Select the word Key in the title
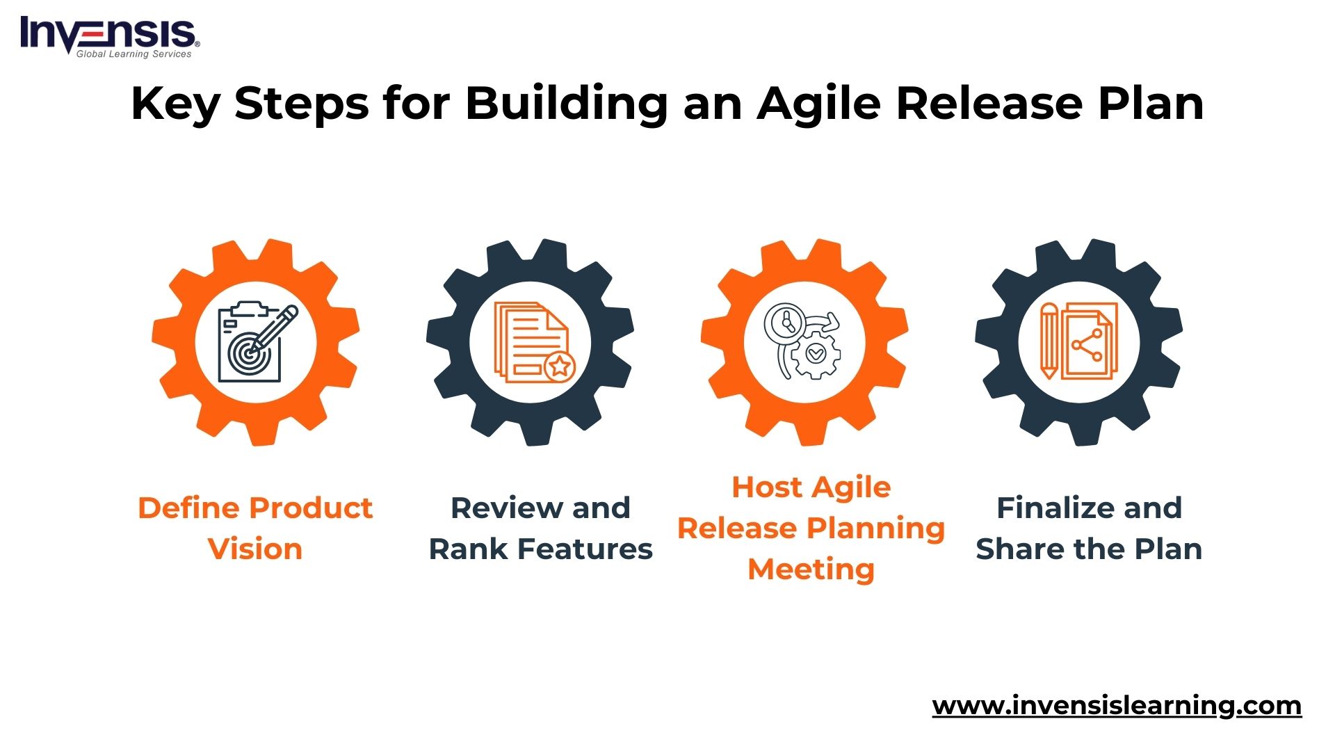click(175, 104)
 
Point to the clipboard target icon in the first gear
click(254, 344)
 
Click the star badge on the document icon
click(559, 366)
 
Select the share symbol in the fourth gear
click(1087, 345)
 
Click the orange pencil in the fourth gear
click(1049, 341)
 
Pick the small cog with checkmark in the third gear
click(816, 355)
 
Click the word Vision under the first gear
click(255, 549)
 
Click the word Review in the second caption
click(506, 508)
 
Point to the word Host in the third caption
click(767, 487)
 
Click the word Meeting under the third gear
click(811, 570)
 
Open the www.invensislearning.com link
click(1117, 706)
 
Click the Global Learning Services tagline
click(133, 54)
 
